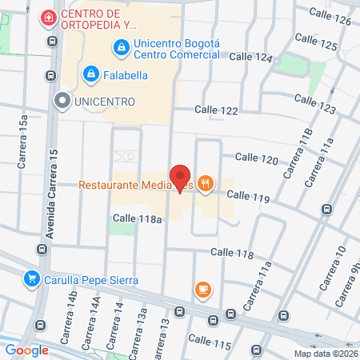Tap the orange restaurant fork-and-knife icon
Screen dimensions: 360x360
pyautogui.click(x=206, y=185)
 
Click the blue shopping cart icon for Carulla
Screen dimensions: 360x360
pyautogui.click(x=32, y=279)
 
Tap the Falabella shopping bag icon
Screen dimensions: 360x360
pyautogui.click(x=91, y=74)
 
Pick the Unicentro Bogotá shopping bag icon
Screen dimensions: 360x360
pyautogui.click(x=121, y=48)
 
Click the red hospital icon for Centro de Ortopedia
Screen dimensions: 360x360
pyautogui.click(x=50, y=16)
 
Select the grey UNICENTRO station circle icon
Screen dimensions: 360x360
pyautogui.click(x=62, y=101)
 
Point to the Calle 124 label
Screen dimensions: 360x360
pyautogui.click(x=251, y=58)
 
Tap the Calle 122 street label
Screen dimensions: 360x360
pyautogui.click(x=218, y=110)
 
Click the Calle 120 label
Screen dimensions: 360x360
pyautogui.click(x=256, y=160)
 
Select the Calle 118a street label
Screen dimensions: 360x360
pyautogui.click(x=138, y=218)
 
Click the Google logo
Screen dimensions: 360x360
pyautogui.click(x=26, y=350)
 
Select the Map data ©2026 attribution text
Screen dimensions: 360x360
pyautogui.click(x=326, y=354)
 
